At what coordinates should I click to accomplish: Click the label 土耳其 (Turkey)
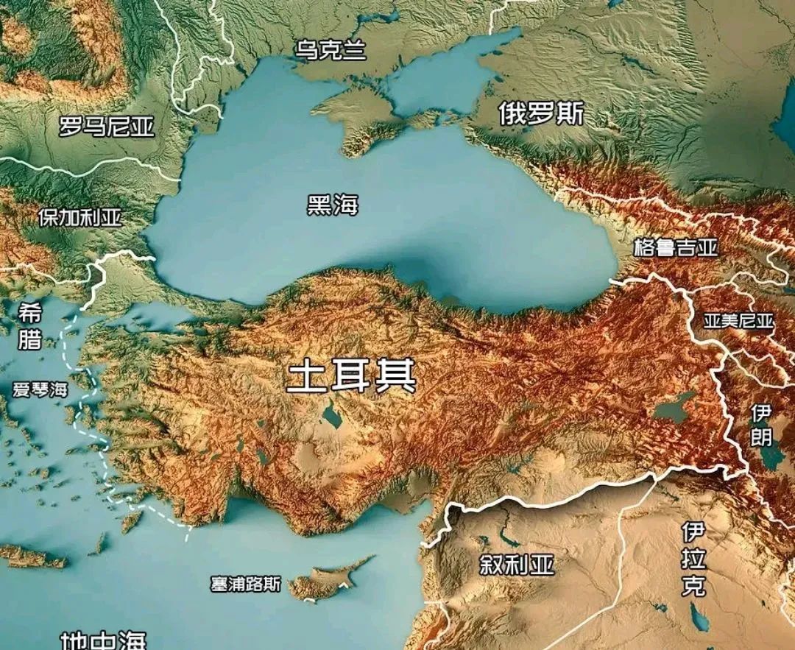click(351, 376)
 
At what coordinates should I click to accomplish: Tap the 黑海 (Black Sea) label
click(333, 205)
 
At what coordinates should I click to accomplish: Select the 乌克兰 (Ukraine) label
click(331, 51)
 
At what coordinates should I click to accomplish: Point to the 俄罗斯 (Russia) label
click(541, 113)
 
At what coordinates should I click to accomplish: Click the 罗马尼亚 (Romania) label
click(107, 127)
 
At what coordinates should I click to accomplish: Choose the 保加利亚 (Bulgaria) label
click(80, 218)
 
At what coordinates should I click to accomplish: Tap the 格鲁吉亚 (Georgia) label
click(675, 247)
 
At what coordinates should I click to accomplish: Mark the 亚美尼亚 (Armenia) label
click(738, 321)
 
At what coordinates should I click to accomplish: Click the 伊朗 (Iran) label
click(761, 425)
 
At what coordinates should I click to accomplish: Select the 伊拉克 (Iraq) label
click(693, 559)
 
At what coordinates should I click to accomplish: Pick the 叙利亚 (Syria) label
click(516, 565)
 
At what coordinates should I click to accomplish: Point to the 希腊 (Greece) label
click(30, 328)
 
